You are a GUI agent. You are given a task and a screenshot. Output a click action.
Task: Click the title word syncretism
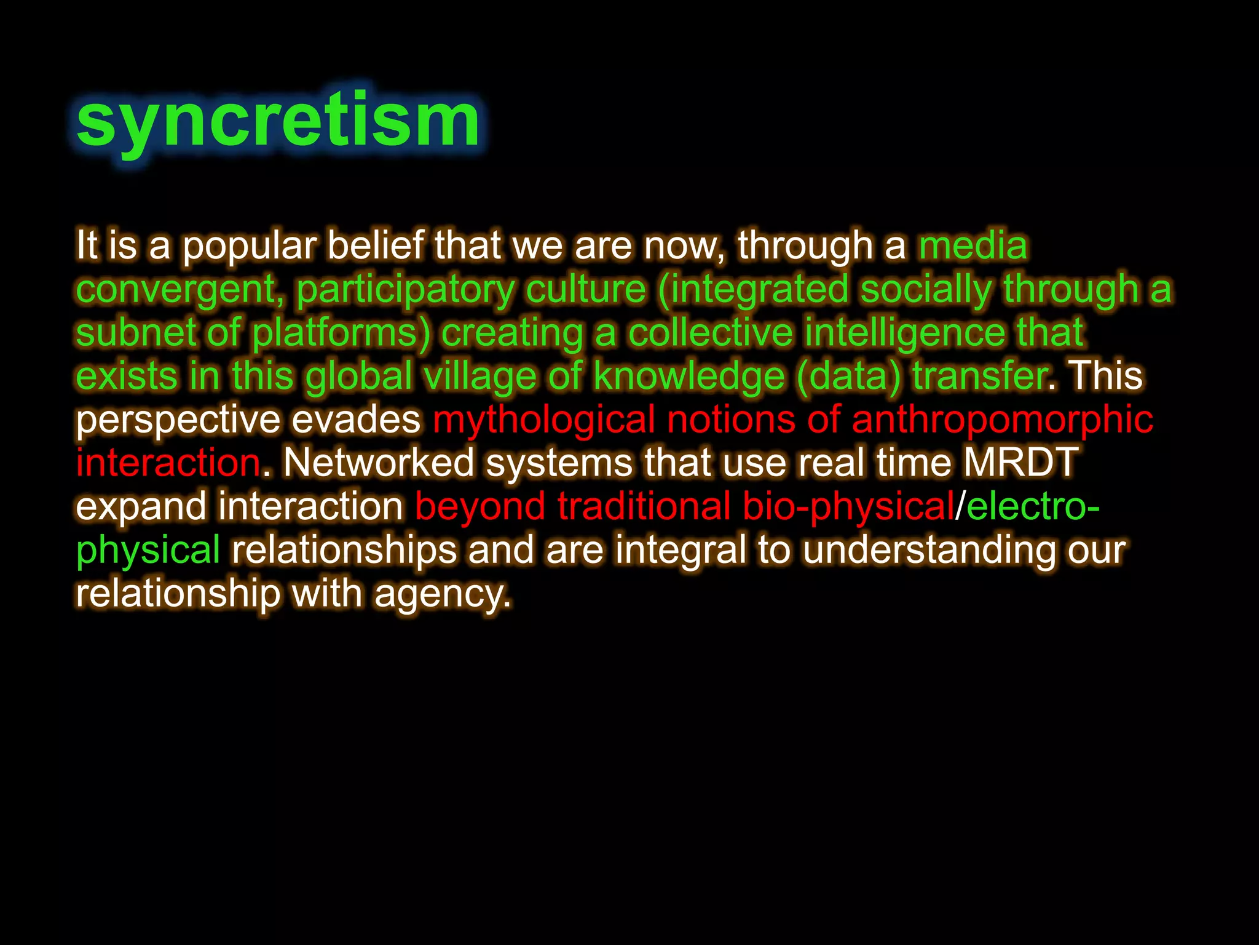pos(278,121)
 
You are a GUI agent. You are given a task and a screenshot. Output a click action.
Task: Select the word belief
pos(375,246)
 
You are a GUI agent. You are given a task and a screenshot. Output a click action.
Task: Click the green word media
pos(973,246)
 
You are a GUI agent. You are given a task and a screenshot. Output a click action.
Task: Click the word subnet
pos(135,333)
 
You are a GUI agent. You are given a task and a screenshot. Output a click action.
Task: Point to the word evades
pos(355,420)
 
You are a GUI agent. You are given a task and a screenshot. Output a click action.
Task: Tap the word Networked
pos(378,463)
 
